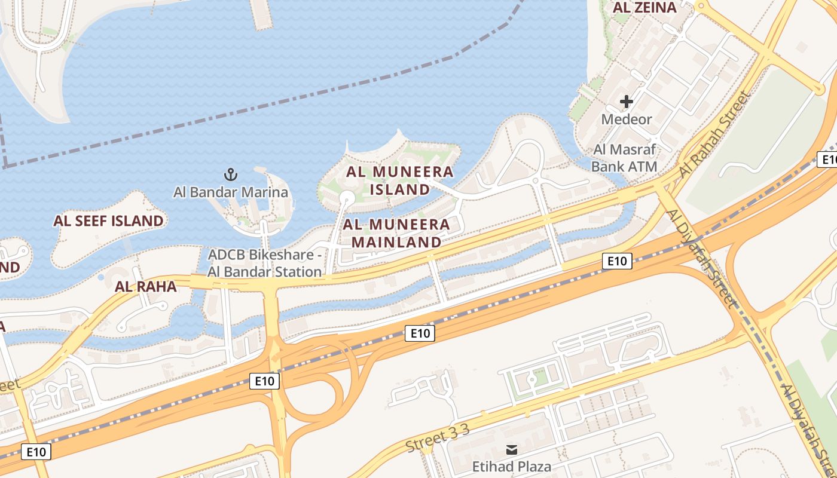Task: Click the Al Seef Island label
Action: point(108,221)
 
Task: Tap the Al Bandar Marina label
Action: point(231,192)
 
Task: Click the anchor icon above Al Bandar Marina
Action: point(231,175)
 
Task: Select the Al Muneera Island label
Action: point(400,180)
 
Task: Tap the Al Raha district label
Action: point(146,287)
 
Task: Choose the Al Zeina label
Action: point(645,8)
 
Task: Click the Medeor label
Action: point(627,119)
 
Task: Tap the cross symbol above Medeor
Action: point(627,102)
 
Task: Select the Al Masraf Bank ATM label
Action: point(625,158)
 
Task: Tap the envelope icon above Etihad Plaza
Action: point(512,449)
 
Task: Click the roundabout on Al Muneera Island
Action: point(347,198)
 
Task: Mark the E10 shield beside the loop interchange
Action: point(264,381)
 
